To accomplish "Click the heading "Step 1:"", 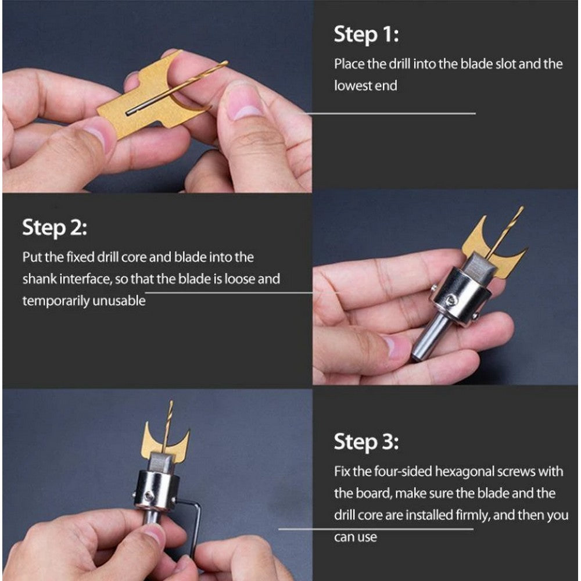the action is pos(366,35).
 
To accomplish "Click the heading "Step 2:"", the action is pos(55,228).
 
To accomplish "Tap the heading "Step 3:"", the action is pos(366,442).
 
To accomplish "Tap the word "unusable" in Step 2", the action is pos(119,300).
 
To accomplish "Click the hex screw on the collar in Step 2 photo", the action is pos(450,300).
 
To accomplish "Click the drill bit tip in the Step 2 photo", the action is pos(522,207).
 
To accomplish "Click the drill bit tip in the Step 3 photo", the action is pos(171,401).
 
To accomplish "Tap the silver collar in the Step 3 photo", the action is pos(156,489).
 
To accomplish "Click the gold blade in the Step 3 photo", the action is pos(166,443).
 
